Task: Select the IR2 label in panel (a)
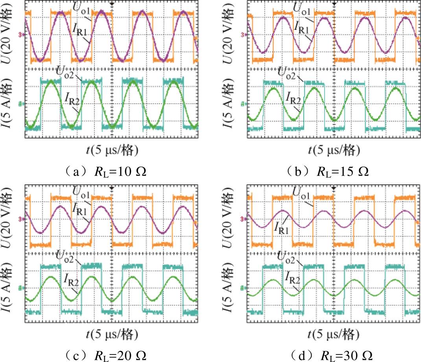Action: (x=72, y=98)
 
